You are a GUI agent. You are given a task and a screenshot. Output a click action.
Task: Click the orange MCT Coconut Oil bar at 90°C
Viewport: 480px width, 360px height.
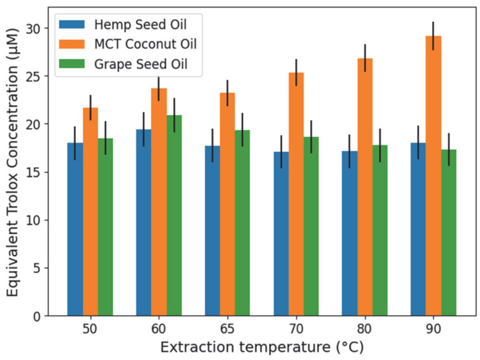[433, 176]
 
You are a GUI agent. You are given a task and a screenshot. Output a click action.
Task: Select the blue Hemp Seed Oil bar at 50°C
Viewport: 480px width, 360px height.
[75, 229]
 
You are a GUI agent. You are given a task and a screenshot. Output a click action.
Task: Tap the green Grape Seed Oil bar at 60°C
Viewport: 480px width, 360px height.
[174, 215]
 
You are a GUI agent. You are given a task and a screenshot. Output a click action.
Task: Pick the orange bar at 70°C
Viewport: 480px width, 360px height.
[296, 194]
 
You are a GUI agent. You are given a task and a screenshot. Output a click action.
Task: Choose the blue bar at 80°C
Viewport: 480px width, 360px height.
[350, 234]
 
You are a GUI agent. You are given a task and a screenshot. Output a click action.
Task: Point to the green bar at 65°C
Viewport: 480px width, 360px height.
[243, 223]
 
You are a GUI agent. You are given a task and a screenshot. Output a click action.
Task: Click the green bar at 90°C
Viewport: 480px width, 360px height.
[449, 233]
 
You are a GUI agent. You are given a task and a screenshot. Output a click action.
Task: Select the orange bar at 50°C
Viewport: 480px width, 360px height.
[90, 211]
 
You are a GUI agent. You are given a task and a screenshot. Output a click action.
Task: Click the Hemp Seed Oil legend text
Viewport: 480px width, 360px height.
[140, 25]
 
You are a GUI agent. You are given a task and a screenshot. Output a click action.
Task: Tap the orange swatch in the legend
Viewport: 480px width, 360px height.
[72, 44]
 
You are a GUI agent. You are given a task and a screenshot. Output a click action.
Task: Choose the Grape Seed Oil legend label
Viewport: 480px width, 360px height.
[141, 64]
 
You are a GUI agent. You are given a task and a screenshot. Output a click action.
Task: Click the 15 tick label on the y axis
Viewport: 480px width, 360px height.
[32, 173]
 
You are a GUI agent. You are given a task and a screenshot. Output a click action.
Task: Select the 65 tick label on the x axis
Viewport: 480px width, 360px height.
[227, 329]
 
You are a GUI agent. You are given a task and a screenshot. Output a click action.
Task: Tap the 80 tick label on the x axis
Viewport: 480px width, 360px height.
[365, 329]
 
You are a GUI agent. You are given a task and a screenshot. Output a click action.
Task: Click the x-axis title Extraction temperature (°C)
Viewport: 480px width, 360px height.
[262, 348]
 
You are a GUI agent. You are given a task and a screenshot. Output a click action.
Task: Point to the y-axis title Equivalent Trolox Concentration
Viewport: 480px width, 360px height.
[12, 162]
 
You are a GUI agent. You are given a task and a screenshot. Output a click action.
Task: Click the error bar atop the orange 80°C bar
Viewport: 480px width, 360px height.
[365, 58]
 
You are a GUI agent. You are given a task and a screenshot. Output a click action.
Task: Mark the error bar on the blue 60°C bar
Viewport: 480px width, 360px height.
[143, 129]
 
